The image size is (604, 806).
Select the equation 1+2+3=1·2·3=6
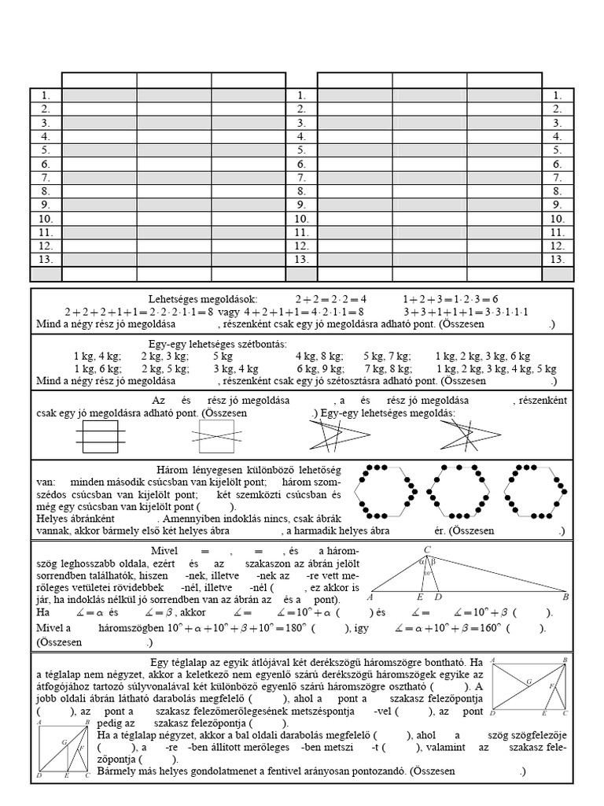(x=451, y=299)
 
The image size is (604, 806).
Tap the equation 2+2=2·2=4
(x=331, y=299)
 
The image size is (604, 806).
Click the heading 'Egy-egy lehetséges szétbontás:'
(x=218, y=345)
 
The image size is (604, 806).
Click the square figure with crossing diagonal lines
(x=216, y=434)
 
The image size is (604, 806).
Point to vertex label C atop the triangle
(x=427, y=549)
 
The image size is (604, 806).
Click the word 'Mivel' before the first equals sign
(x=165, y=550)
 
